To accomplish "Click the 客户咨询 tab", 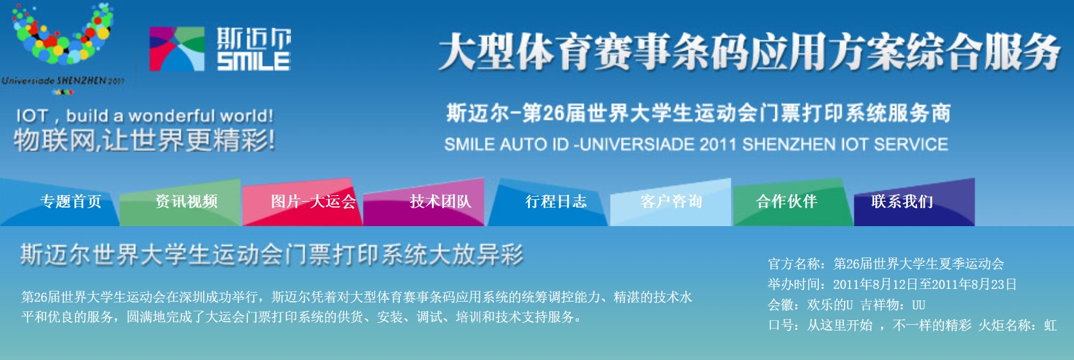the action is (671, 202).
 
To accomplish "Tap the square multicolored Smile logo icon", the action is (177, 49).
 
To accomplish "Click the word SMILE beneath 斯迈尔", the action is (253, 61).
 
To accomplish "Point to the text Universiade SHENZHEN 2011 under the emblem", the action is (63, 81).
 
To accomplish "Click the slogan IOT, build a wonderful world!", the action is (144, 116).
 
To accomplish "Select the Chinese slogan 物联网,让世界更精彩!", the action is (144, 141).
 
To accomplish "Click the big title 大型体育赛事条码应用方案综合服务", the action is (749, 52).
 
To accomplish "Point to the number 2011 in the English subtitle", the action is (718, 144).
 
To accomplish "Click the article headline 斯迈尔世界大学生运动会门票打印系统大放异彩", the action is (272, 254).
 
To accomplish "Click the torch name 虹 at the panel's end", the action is (1050, 325).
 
